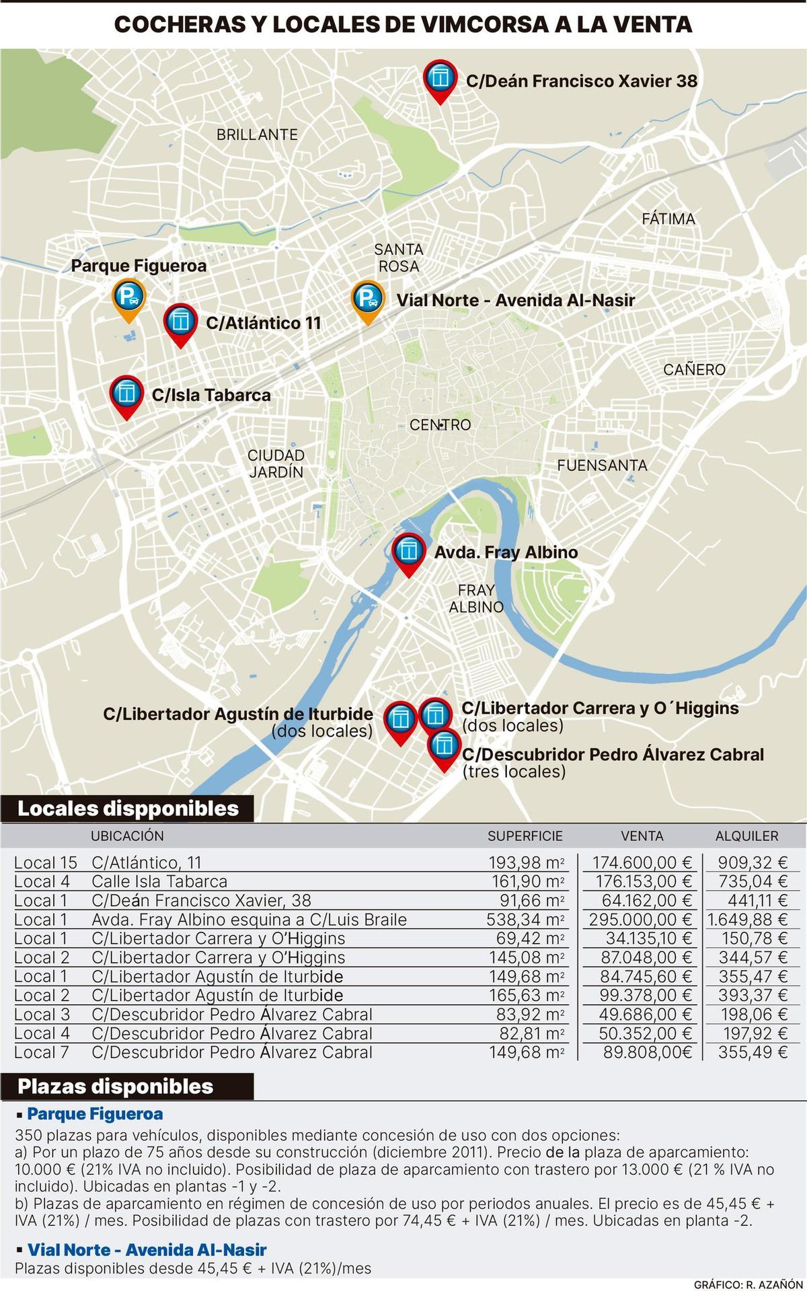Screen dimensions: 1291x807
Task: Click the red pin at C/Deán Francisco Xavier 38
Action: pos(440,79)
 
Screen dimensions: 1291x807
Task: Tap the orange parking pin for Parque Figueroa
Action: pos(128,296)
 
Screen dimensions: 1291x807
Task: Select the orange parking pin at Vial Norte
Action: pos(368,298)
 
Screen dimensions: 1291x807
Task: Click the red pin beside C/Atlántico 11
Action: pos(180,322)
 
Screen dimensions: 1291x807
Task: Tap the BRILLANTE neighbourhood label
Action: pos(257,135)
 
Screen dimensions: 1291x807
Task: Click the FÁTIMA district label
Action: pos(668,219)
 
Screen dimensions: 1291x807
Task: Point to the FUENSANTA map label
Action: pos(602,465)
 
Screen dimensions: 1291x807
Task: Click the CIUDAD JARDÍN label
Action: pos(276,464)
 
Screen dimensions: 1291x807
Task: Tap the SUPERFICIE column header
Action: pos(525,836)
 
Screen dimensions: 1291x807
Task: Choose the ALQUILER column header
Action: pos(746,836)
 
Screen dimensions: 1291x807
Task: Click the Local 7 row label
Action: pos(42,1052)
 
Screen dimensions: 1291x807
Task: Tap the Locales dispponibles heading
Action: pos(128,808)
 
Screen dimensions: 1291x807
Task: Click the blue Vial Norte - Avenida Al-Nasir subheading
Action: pos(147,1249)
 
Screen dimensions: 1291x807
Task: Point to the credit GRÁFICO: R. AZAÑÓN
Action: pos(748,1284)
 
